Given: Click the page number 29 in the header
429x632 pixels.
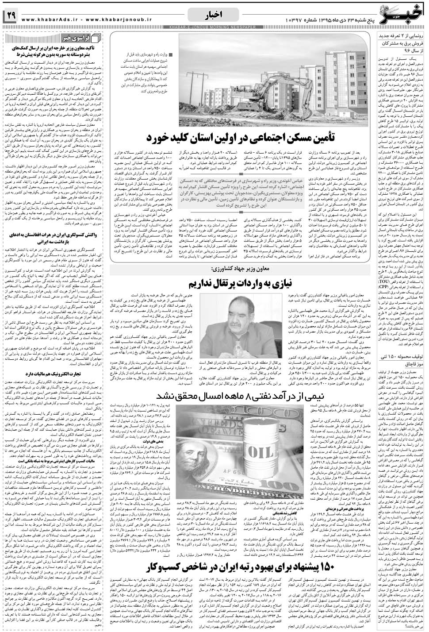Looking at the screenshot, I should pos(11,16).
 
